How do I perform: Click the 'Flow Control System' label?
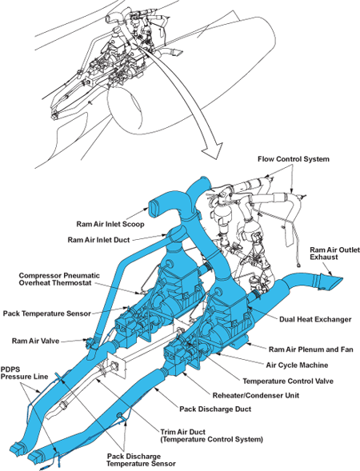pos(294,159)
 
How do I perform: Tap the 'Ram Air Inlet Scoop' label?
pos(110,224)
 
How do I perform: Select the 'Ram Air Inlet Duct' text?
pos(98,240)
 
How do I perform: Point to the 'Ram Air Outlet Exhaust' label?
pos(334,253)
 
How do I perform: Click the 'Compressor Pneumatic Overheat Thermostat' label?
pos(59,279)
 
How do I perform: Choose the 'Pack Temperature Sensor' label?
pos(47,313)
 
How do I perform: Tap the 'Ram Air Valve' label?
pos(35,341)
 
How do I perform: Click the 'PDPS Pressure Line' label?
pos(24,373)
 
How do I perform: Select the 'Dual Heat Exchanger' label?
pos(315,319)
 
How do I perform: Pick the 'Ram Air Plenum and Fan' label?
pos(310,349)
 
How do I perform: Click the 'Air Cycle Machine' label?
pos(297,365)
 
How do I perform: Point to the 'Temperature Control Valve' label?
pos(288,381)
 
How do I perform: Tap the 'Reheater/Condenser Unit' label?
pos(256,395)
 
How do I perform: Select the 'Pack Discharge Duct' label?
pos(215,409)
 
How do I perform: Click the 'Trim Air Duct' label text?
pos(182,433)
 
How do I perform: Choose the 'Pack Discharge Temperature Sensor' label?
pos(141,460)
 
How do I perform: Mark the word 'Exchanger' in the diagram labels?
pos(334,319)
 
